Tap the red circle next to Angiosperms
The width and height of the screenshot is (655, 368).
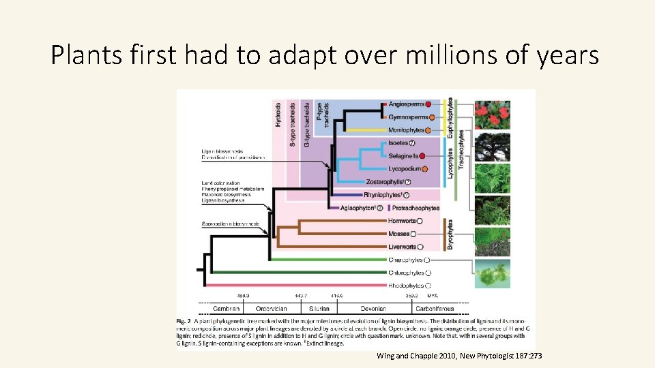tap(428, 104)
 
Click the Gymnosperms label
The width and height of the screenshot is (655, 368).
tap(408, 117)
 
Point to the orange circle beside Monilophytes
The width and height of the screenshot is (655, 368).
tap(428, 130)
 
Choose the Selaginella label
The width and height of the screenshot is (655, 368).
tap(403, 156)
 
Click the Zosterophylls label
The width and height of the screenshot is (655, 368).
tap(383, 182)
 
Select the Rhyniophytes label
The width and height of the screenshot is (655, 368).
tap(383, 195)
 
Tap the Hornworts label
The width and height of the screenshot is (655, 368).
tap(402, 221)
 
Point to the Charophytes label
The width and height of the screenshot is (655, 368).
tap(405, 260)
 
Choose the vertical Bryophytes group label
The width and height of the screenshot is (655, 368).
tap(451, 234)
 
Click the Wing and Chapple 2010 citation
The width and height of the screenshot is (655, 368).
tap(458, 356)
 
